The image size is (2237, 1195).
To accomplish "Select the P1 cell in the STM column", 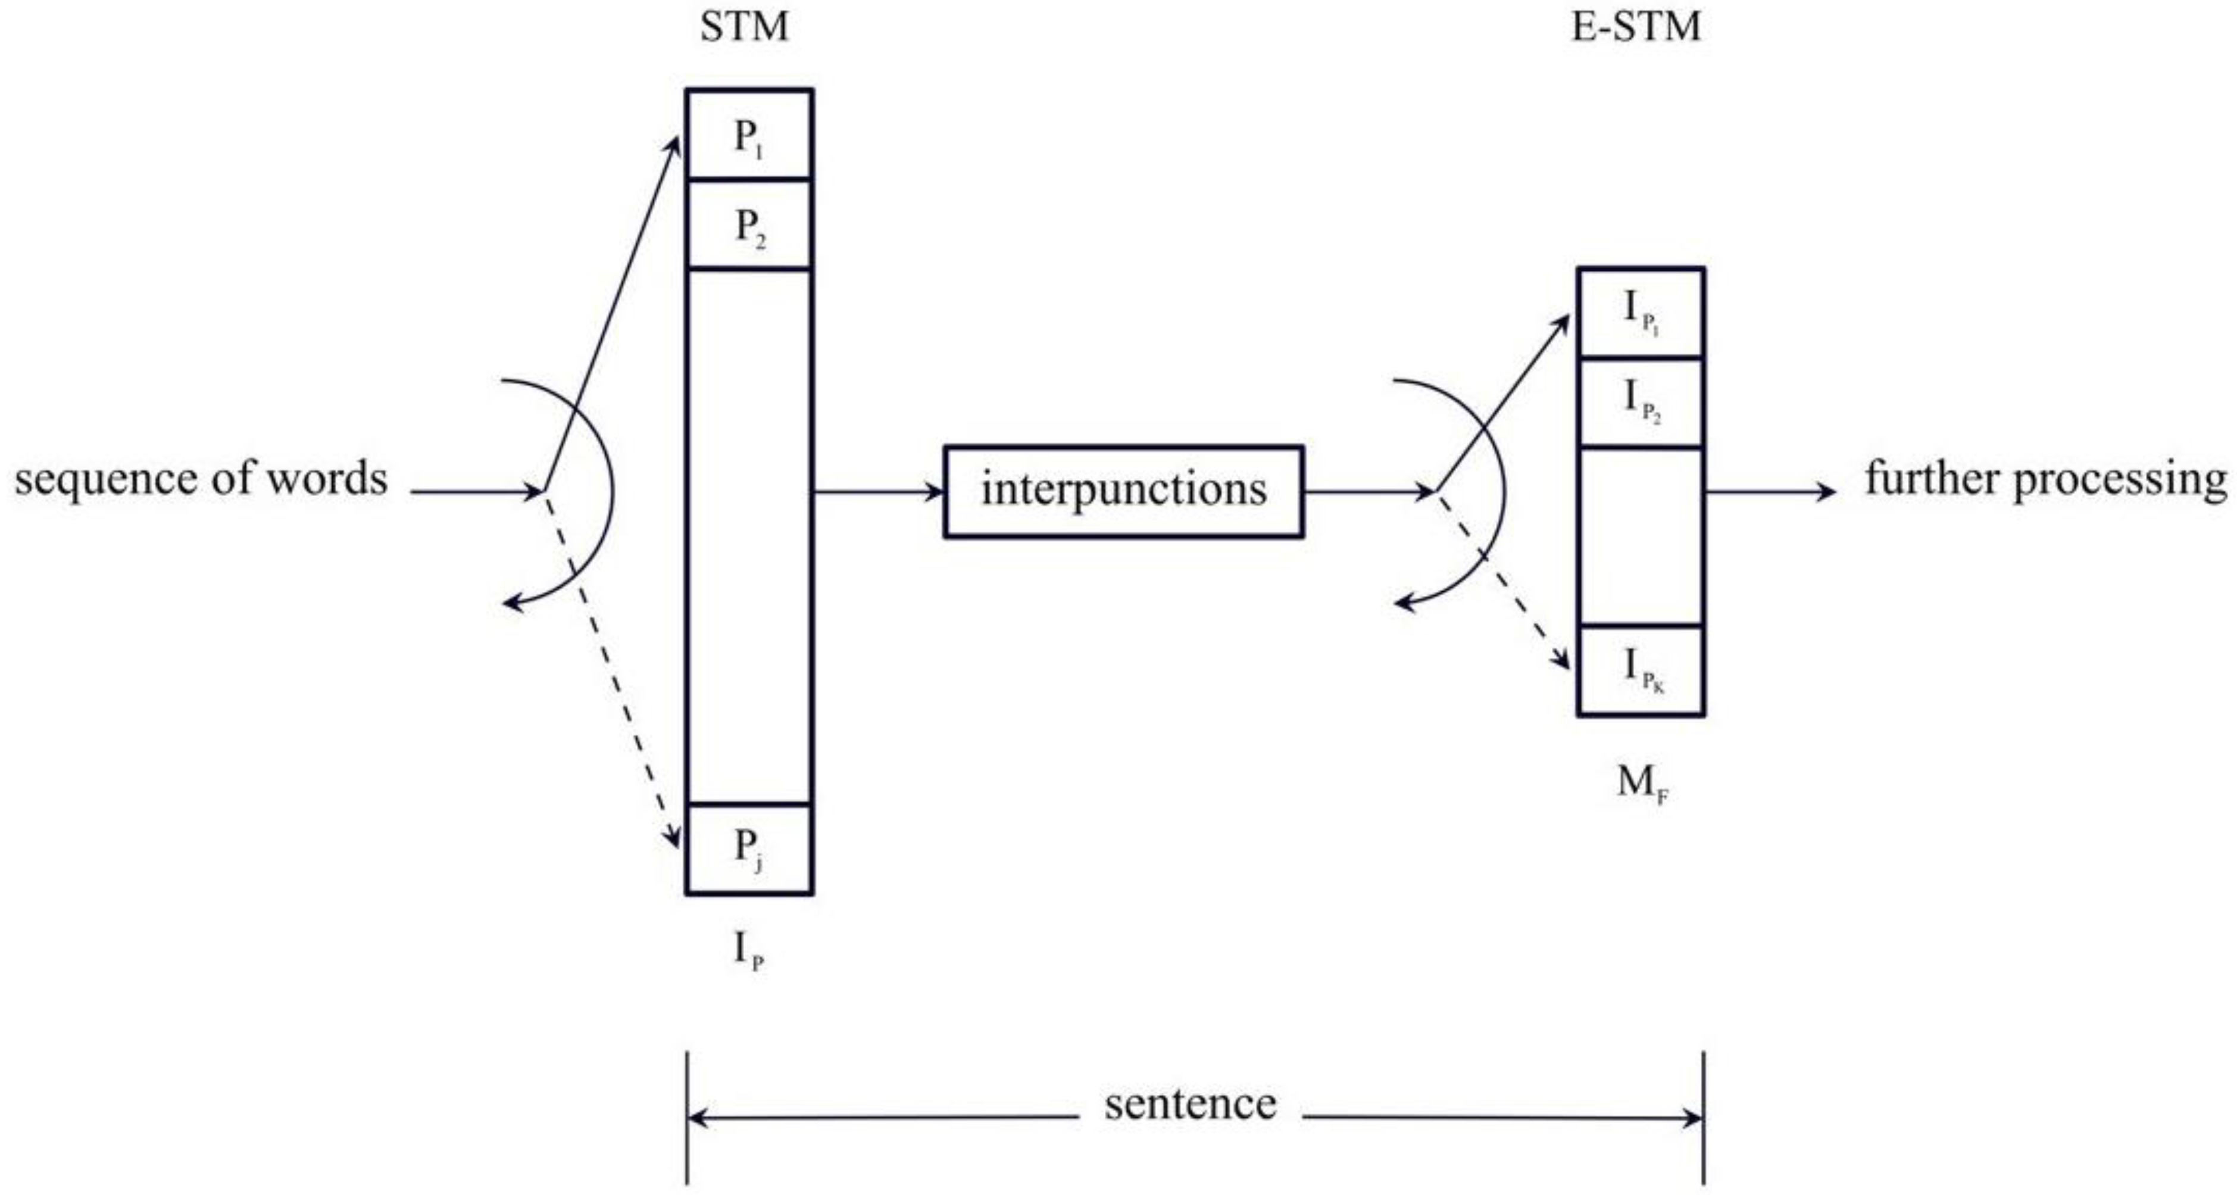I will tap(749, 136).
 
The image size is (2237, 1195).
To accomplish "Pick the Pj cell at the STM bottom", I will tap(749, 848).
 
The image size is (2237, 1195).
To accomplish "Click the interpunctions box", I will tap(1124, 492).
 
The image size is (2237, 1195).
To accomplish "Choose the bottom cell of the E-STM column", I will tap(1641, 670).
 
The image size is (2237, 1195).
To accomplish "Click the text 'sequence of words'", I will tap(201, 479).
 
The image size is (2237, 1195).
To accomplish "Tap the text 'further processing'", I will tap(2046, 479).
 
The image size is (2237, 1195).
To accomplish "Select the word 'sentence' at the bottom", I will tap(1190, 1104).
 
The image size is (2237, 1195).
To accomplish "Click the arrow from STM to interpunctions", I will tap(877, 492).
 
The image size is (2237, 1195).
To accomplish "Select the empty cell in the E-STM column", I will tap(1641, 536).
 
